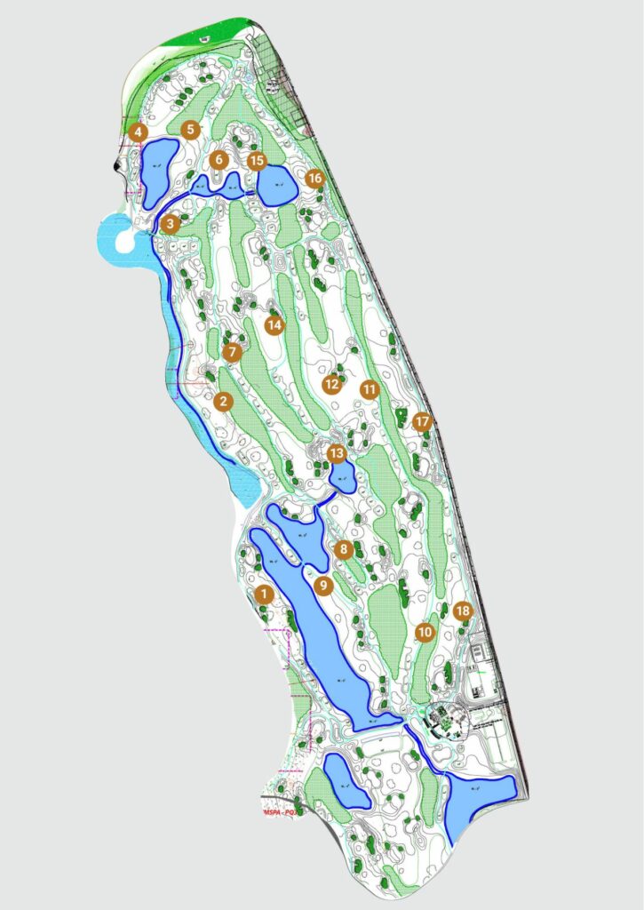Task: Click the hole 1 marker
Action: [x=262, y=592]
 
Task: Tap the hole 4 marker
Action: [x=138, y=132]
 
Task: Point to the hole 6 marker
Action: [x=219, y=161]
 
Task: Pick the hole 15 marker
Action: [x=257, y=161]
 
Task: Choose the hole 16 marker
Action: [x=314, y=178]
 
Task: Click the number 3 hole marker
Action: [x=171, y=223]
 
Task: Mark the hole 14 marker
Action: [x=274, y=324]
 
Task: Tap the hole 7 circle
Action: [x=233, y=352]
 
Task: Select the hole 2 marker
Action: [x=223, y=402]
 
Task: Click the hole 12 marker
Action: [x=332, y=385]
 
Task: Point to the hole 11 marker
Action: [x=370, y=388]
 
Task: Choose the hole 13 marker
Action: [x=336, y=454]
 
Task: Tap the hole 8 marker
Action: [x=345, y=549]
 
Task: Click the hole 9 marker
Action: [x=323, y=585]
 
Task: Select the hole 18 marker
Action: [x=461, y=611]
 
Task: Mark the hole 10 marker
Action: [x=425, y=632]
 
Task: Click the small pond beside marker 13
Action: [x=342, y=478]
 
